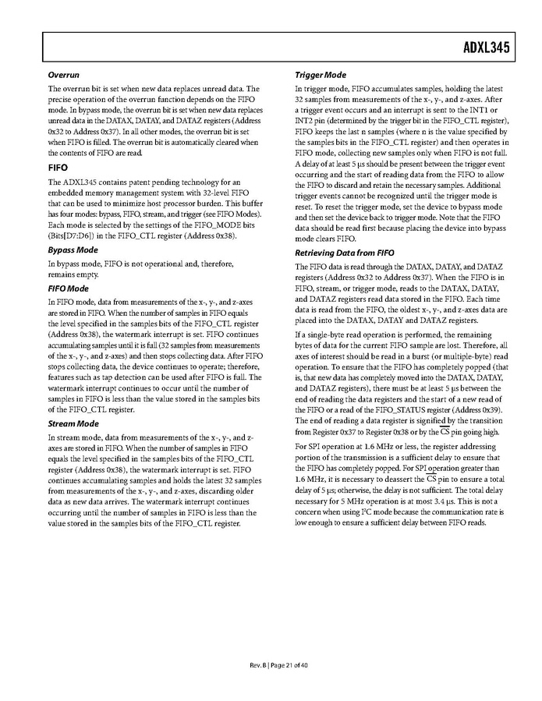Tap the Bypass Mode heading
pos(73,250)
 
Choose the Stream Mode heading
pos(73,423)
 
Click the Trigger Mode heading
pos(321,75)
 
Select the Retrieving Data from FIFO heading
pos(345,253)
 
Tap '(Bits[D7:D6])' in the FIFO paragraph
pos(72,235)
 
